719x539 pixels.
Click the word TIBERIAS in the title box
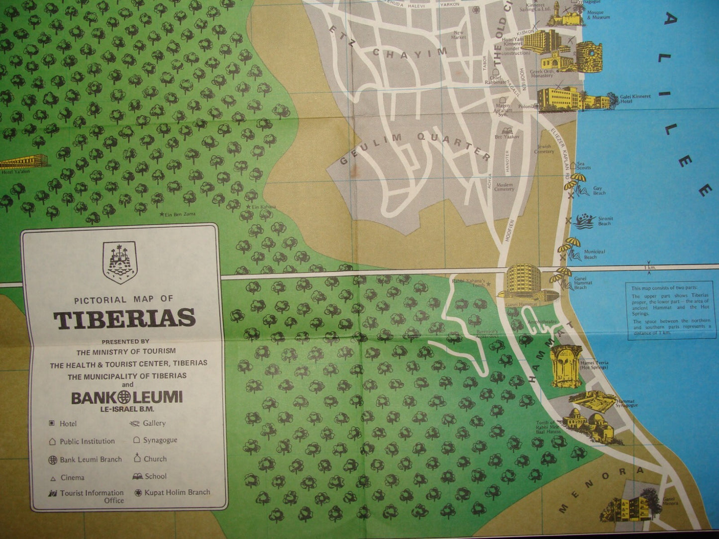124,319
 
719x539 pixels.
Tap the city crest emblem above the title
118,262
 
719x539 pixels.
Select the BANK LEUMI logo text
126,397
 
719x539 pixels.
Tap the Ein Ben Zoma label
180,214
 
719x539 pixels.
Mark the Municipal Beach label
594,254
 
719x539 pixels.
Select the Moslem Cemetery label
504,187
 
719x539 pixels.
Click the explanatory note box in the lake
670,311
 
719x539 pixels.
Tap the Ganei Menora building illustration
627,509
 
